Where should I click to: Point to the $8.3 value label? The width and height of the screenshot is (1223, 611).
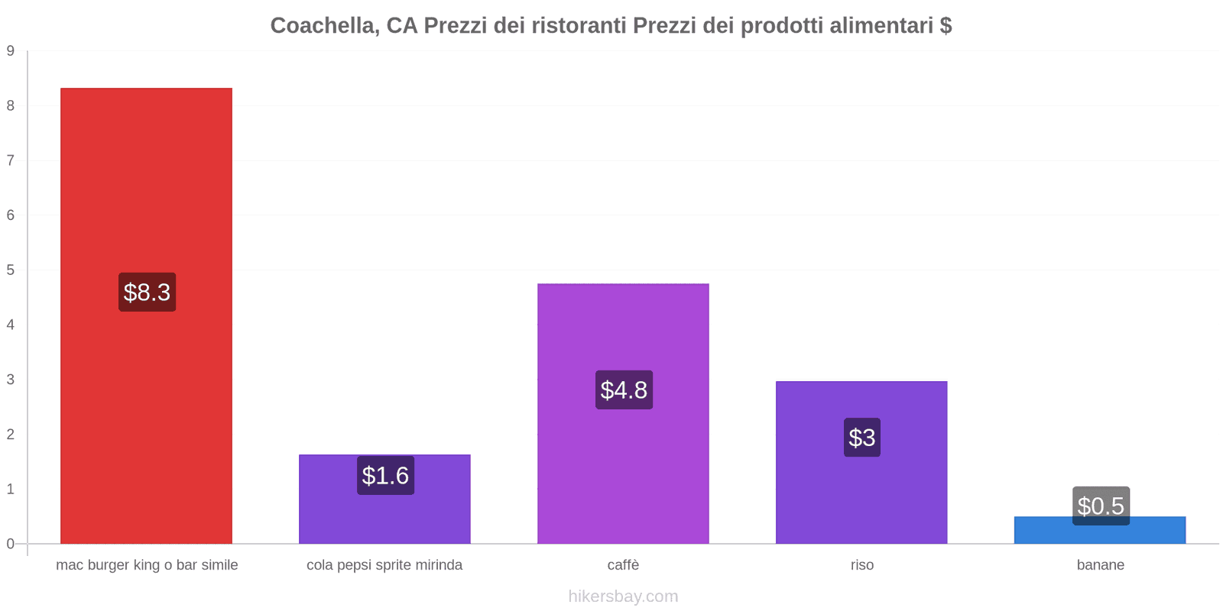click(x=147, y=292)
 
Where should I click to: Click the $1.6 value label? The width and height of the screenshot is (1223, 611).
click(x=385, y=475)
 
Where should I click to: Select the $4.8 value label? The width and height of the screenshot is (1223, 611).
click(x=624, y=390)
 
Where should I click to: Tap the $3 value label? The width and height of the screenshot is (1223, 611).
click(x=861, y=438)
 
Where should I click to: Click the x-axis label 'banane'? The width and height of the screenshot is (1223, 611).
click(x=1100, y=565)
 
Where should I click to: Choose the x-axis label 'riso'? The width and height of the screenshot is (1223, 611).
click(x=861, y=565)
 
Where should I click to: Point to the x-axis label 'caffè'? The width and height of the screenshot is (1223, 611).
click(x=623, y=565)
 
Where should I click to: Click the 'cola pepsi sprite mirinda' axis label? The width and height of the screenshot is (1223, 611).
click(x=384, y=565)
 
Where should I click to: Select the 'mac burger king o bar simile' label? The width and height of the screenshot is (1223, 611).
click(x=147, y=565)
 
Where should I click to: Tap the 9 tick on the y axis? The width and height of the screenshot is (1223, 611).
click(x=11, y=51)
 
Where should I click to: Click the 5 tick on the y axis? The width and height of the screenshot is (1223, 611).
click(x=11, y=270)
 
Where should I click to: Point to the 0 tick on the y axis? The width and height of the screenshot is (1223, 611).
click(x=11, y=544)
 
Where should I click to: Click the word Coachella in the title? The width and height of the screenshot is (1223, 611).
click(x=322, y=26)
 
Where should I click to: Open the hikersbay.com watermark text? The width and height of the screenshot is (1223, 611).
click(x=623, y=596)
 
